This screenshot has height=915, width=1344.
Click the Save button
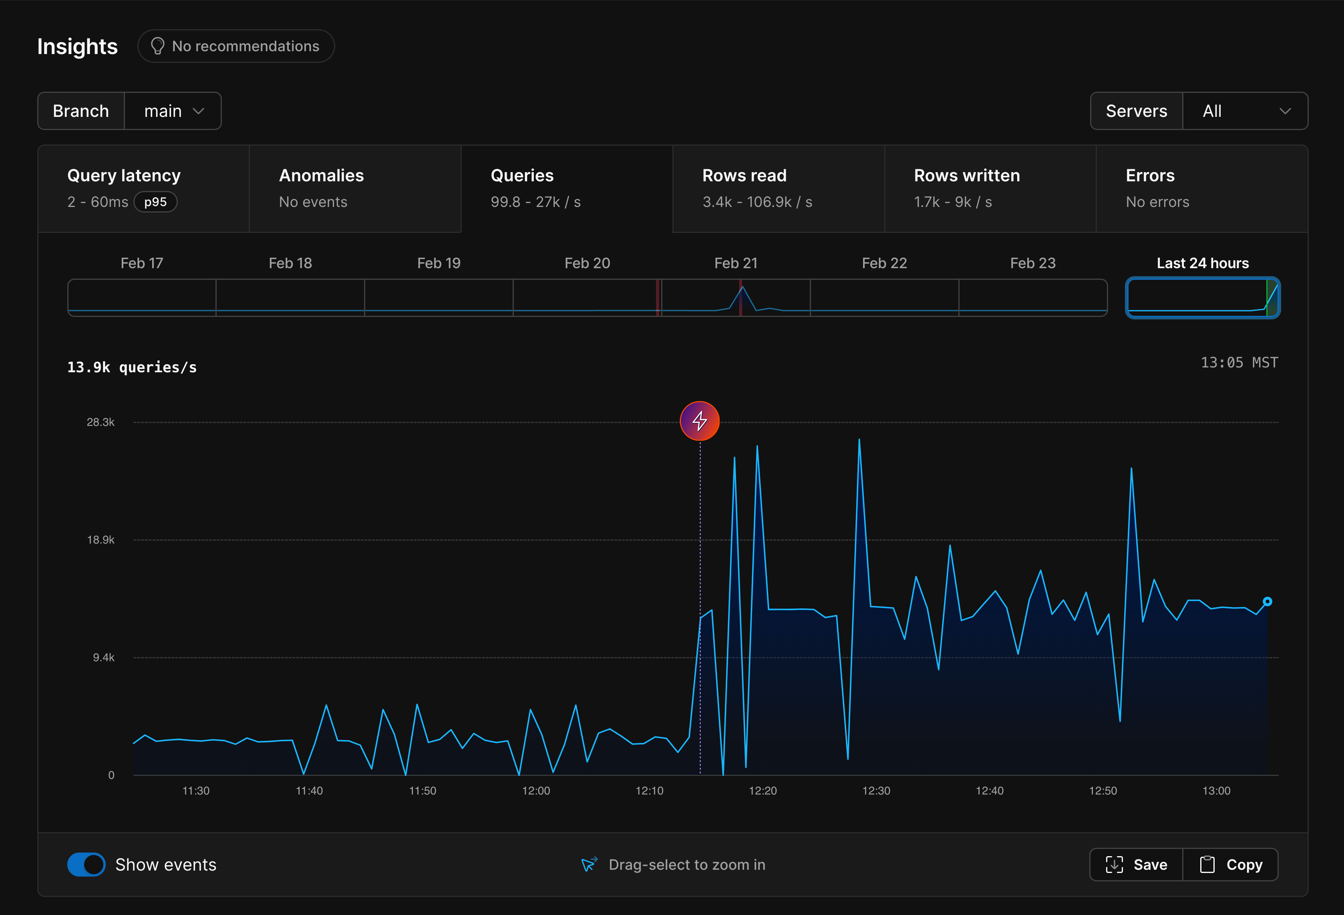[x=1137, y=864]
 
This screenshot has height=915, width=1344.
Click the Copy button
[x=1231, y=864]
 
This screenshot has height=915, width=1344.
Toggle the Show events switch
[x=86, y=864]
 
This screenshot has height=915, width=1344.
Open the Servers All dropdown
[x=1245, y=111]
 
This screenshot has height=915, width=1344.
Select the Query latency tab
[x=143, y=189]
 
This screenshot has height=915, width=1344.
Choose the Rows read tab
[x=779, y=189]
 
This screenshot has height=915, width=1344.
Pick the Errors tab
[x=1202, y=189]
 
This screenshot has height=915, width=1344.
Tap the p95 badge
[x=155, y=202]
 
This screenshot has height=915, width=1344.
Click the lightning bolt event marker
[x=700, y=421]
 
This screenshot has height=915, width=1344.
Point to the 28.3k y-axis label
[x=101, y=422]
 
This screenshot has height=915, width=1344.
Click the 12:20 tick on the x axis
[x=763, y=791]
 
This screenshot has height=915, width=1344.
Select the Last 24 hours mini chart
[x=1203, y=298]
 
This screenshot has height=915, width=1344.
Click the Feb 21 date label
[x=736, y=263]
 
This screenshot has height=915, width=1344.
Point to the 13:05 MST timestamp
[x=1239, y=362]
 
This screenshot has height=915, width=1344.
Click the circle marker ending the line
[x=1267, y=602]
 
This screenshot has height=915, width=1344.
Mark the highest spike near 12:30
[x=859, y=440]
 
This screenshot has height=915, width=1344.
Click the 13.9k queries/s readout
[x=132, y=367]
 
